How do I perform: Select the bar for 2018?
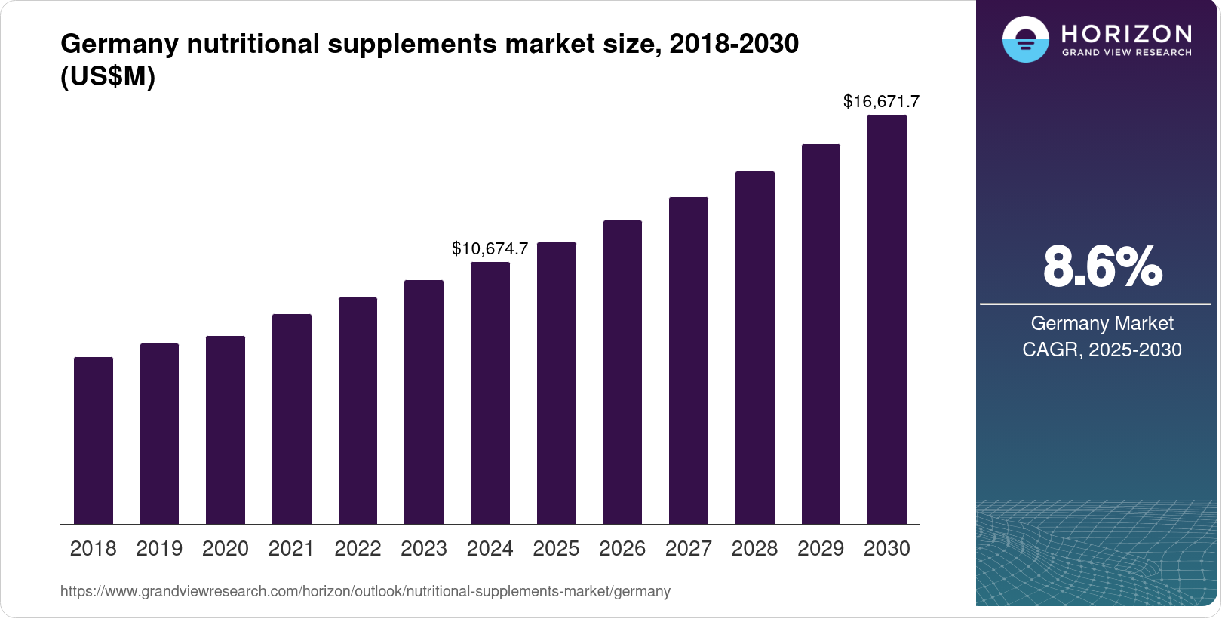coord(94,441)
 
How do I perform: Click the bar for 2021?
coord(292,419)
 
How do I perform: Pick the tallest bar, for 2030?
coord(887,320)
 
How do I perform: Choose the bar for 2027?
coord(689,361)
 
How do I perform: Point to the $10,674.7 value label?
coord(490,248)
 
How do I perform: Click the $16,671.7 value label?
coord(881,101)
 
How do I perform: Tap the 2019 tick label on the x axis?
coord(159,549)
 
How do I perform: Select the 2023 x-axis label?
coord(424,549)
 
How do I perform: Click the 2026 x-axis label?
coord(622,549)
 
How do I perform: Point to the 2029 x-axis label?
coord(821,549)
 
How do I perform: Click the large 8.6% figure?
coord(1102,267)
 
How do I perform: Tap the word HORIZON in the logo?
coord(1126,34)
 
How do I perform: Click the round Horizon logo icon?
coord(1025,39)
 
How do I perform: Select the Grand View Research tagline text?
coord(1126,53)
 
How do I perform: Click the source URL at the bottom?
coord(365,592)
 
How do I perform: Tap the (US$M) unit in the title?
coord(108,77)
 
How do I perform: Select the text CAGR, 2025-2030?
coord(1102,350)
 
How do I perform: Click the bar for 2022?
coord(358,411)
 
